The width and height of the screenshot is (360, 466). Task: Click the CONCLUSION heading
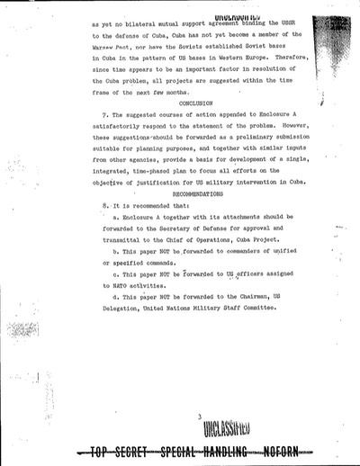tap(191, 103)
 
